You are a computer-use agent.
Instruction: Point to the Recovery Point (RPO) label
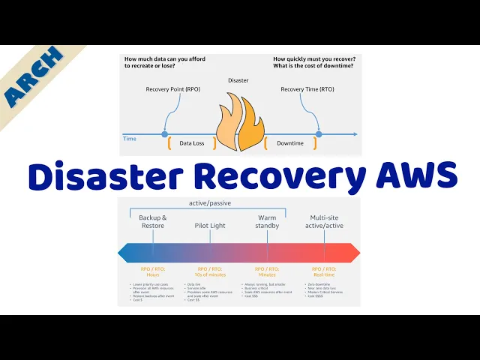click(x=172, y=89)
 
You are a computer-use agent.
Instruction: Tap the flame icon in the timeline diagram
click(x=239, y=123)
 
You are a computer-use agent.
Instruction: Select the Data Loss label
click(x=191, y=142)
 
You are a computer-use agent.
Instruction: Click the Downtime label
click(x=289, y=142)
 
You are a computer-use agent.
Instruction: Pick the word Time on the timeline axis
click(x=129, y=138)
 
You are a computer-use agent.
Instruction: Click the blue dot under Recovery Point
click(x=164, y=135)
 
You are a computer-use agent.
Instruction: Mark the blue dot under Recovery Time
click(x=319, y=135)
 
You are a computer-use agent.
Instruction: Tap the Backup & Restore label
click(x=153, y=221)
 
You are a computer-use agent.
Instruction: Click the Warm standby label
click(x=267, y=221)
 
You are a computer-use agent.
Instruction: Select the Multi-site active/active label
click(x=324, y=221)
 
